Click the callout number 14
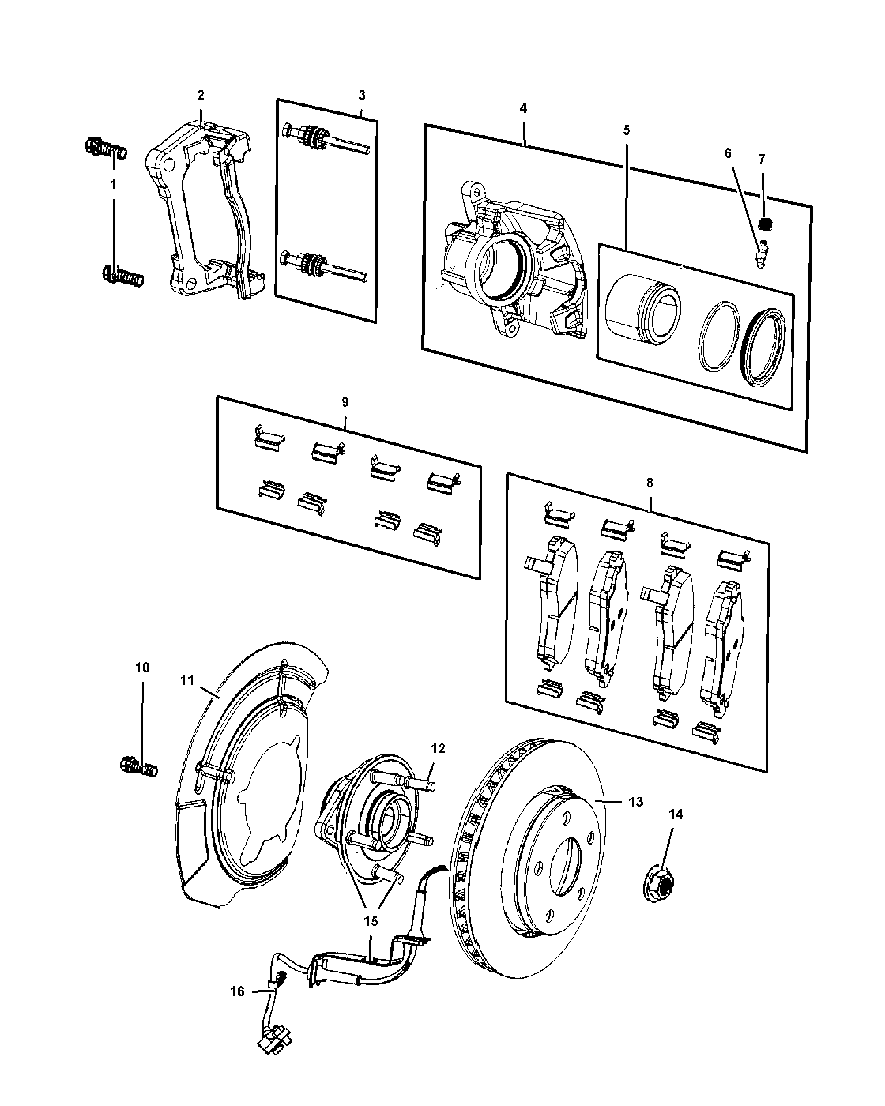point(676,814)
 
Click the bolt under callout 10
point(139,767)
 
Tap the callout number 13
point(636,802)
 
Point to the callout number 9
point(345,402)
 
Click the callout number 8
point(650,483)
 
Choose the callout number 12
point(438,749)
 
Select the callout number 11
point(187,680)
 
